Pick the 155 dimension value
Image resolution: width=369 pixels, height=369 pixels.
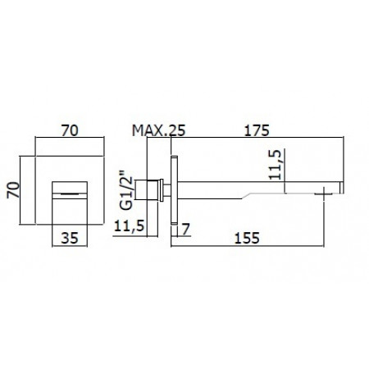click(x=256, y=239)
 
